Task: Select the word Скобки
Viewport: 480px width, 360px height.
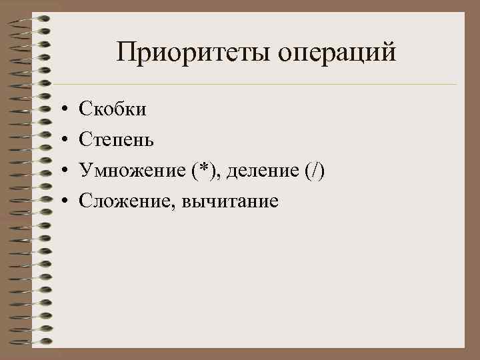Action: tap(113, 108)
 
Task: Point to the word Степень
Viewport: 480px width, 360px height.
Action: tap(117, 139)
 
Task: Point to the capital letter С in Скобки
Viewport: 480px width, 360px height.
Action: tap(85, 108)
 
